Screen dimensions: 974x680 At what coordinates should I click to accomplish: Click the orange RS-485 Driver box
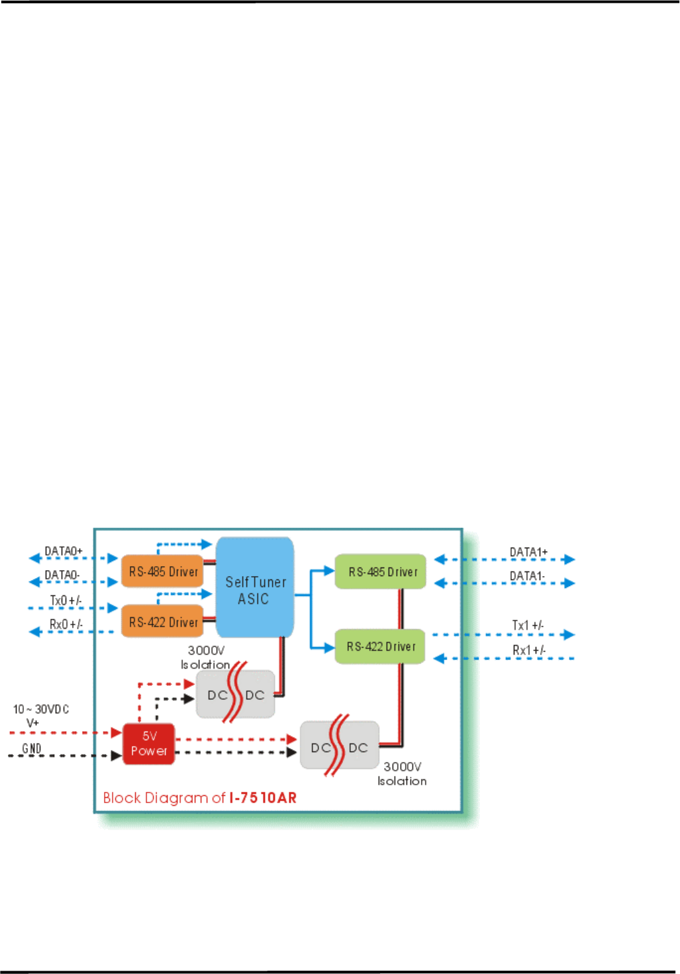[x=162, y=571]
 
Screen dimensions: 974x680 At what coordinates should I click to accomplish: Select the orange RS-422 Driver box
[x=162, y=622]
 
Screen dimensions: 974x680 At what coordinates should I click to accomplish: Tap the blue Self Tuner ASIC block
[x=255, y=589]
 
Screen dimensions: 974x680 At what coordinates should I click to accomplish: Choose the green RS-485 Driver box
[x=381, y=571]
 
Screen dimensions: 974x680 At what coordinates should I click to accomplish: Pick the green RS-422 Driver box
[x=380, y=646]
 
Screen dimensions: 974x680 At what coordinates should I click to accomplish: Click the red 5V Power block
[x=148, y=744]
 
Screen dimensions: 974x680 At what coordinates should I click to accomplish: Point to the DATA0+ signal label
[x=64, y=551]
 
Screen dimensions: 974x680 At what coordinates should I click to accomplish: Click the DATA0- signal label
[x=62, y=575]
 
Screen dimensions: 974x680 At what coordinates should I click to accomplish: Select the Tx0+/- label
[x=66, y=601]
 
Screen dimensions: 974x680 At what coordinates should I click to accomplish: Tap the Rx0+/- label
[x=66, y=624]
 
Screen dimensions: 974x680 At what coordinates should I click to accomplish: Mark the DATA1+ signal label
[x=528, y=552]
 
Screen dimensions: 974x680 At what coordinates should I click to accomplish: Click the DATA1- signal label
[x=528, y=576]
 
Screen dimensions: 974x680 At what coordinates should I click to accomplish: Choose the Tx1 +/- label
[x=528, y=626]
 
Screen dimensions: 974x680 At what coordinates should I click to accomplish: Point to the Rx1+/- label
[x=528, y=650]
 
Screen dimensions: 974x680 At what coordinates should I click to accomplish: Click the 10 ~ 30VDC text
[x=41, y=709]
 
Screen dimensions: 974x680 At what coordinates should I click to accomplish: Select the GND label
[x=32, y=748]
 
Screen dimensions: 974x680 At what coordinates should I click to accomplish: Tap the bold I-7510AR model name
[x=263, y=798]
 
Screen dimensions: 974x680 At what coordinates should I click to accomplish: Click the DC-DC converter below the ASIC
[x=236, y=695]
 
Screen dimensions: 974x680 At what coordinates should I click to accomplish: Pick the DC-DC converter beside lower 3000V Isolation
[x=339, y=747]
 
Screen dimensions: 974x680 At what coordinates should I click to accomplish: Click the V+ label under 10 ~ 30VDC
[x=32, y=722]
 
